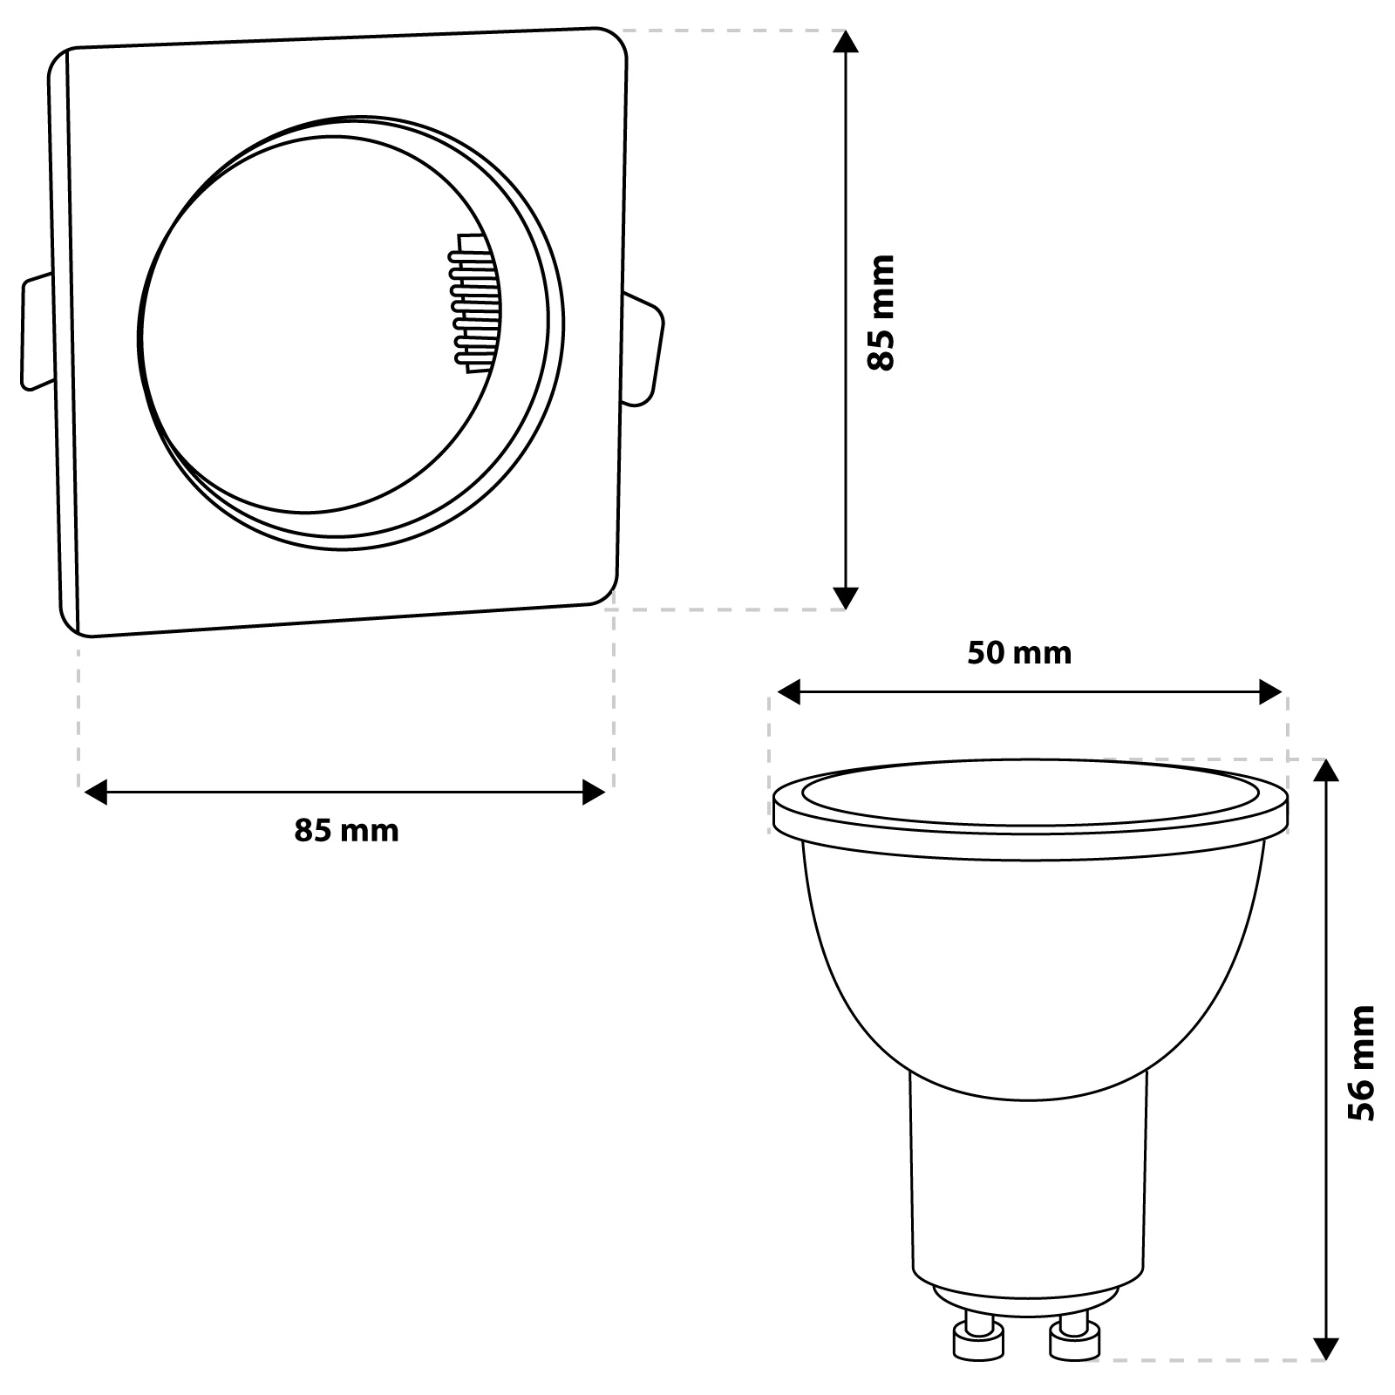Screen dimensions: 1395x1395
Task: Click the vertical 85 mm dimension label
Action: click(881, 313)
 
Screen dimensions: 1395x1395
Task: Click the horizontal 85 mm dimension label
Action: click(346, 830)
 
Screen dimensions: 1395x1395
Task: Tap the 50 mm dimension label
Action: click(1019, 652)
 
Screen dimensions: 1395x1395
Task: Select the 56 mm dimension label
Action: click(1360, 1063)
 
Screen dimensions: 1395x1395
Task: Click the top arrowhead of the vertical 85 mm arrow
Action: click(846, 42)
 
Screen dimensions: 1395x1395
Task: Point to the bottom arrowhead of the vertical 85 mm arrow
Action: click(846, 597)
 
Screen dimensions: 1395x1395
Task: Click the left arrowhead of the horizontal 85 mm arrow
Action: click(95, 793)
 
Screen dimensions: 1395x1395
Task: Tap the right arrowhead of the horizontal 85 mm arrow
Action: click(594, 793)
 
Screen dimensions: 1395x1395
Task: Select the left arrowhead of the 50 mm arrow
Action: click(788, 693)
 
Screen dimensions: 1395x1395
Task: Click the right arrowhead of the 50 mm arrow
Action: click(1270, 693)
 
